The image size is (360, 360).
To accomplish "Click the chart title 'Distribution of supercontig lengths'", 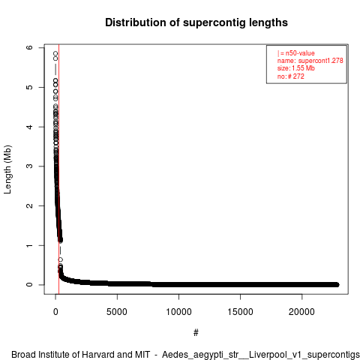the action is tap(196, 22).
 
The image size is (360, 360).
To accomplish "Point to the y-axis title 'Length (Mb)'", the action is tap(7, 169).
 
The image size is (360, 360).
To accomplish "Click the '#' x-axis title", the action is tap(196, 332).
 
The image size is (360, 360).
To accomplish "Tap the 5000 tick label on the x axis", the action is tap(117, 312).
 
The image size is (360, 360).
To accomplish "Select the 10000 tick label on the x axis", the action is tap(178, 312).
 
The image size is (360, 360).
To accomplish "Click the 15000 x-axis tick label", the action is tap(240, 312).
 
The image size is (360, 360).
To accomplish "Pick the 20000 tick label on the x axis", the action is tap(301, 312).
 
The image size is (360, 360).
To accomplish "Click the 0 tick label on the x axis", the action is tap(55, 312).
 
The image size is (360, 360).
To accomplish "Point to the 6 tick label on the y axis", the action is tap(29, 47).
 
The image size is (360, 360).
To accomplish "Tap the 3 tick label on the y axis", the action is tap(29, 166).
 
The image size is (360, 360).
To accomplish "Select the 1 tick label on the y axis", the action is tap(29, 245).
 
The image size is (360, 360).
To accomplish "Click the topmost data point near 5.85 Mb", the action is tap(55, 53).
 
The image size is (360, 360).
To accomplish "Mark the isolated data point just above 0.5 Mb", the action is tap(60, 259).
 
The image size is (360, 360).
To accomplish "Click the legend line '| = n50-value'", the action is tap(295, 53).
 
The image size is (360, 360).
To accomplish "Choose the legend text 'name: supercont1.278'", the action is tap(310, 61).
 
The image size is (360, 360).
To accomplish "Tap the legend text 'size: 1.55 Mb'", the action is tap(295, 68).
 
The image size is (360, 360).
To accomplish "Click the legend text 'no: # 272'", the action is tap(290, 76).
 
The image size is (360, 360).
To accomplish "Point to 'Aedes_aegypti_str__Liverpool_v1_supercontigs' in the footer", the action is tap(261, 355).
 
